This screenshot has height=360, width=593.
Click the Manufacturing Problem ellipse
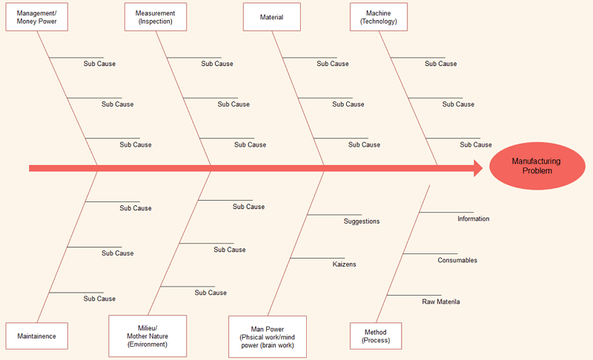(x=537, y=166)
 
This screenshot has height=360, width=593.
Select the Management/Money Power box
(x=36, y=17)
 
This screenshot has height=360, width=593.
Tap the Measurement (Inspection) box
(x=156, y=17)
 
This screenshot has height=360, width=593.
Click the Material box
(x=271, y=17)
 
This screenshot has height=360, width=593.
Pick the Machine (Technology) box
(x=378, y=17)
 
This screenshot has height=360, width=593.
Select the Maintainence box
(x=36, y=336)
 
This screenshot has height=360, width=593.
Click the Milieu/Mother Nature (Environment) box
(x=148, y=336)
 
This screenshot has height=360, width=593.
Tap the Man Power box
(x=267, y=336)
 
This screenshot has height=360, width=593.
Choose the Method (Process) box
(x=375, y=336)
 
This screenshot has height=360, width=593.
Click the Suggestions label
(x=362, y=221)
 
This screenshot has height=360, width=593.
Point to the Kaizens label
(x=344, y=264)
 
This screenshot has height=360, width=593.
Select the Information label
(x=473, y=219)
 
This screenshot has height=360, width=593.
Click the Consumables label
(x=457, y=261)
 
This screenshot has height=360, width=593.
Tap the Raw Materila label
(x=441, y=302)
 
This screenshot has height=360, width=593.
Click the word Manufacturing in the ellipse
(x=536, y=161)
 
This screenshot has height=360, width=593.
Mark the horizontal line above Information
(x=446, y=213)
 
